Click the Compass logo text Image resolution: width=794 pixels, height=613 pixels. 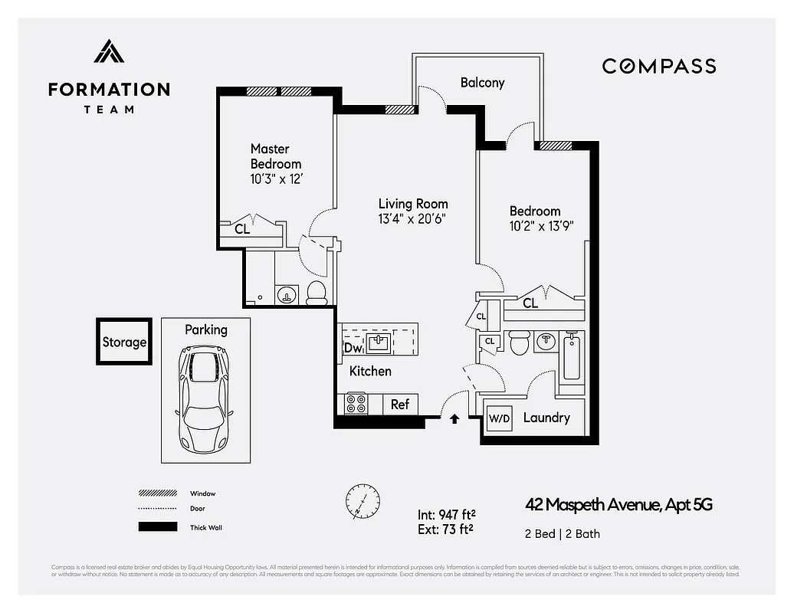(658, 66)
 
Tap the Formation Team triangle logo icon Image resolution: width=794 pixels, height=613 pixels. (109, 51)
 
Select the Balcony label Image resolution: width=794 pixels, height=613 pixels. (482, 83)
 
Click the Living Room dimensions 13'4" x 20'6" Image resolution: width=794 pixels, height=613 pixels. (412, 218)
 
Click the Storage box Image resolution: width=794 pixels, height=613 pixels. (124, 343)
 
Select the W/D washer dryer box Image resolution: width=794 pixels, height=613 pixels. (500, 418)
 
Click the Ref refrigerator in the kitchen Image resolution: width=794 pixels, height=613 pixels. (400, 404)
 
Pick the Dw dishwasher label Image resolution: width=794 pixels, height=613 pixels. (352, 348)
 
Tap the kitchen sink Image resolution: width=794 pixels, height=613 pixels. (378, 343)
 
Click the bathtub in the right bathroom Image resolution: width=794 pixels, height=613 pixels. (572, 357)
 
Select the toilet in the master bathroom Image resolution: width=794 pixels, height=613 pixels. (317, 291)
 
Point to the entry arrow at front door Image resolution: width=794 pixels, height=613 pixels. (454, 418)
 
